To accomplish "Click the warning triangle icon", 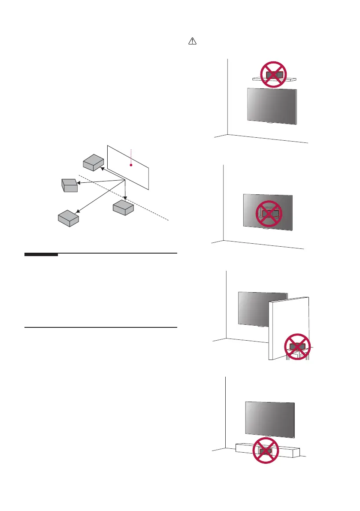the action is pos(192,42).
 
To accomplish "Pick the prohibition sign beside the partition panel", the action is pos(297,346).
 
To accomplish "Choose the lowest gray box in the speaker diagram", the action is pos(69,218).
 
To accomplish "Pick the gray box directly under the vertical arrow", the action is pos(124,208).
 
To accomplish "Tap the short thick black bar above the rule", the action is pos(41,255).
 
